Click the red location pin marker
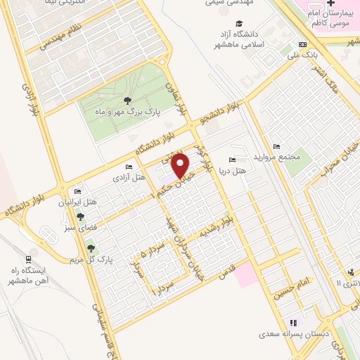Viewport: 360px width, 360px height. (182, 166)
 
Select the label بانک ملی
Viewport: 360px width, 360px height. (307, 54)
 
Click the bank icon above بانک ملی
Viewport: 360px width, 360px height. (302, 44)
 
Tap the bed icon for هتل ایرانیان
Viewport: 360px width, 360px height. (77, 191)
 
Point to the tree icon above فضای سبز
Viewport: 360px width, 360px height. (80, 217)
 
